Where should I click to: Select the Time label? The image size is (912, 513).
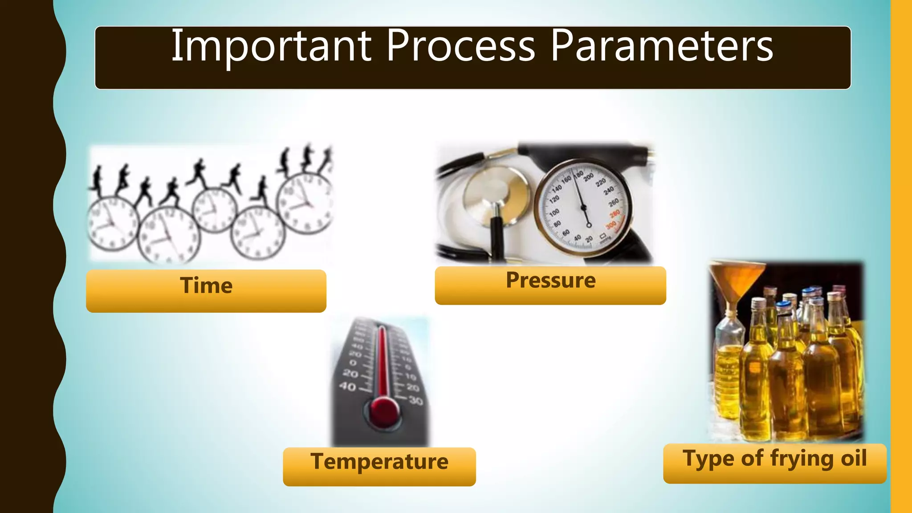[x=206, y=285]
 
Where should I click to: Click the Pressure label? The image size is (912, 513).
[x=550, y=281]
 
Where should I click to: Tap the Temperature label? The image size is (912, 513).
[x=379, y=461]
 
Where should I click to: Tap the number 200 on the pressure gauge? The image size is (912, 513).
[x=589, y=177]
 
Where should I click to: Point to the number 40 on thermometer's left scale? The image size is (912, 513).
[x=348, y=387]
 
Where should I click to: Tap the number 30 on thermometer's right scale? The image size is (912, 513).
[x=415, y=401]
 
